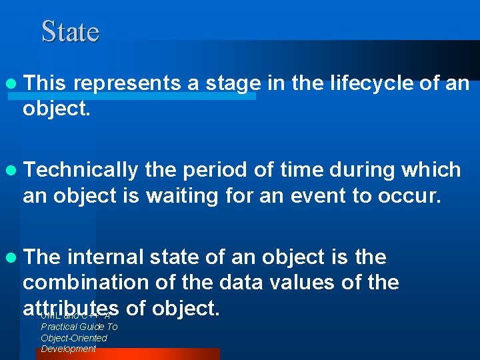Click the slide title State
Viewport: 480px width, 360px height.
coord(70,31)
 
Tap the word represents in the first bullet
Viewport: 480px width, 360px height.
coord(127,83)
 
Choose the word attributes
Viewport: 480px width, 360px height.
coord(71,309)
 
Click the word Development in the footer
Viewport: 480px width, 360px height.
coord(68,349)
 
